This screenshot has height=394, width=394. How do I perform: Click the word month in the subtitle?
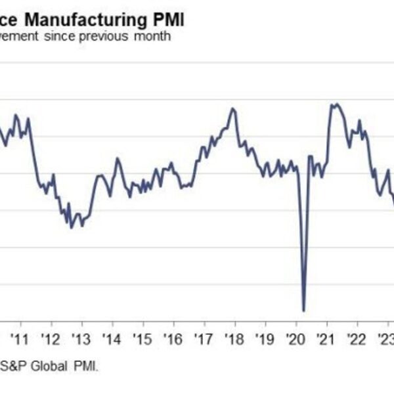(152, 36)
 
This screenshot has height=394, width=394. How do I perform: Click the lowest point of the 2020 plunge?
(303, 310)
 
